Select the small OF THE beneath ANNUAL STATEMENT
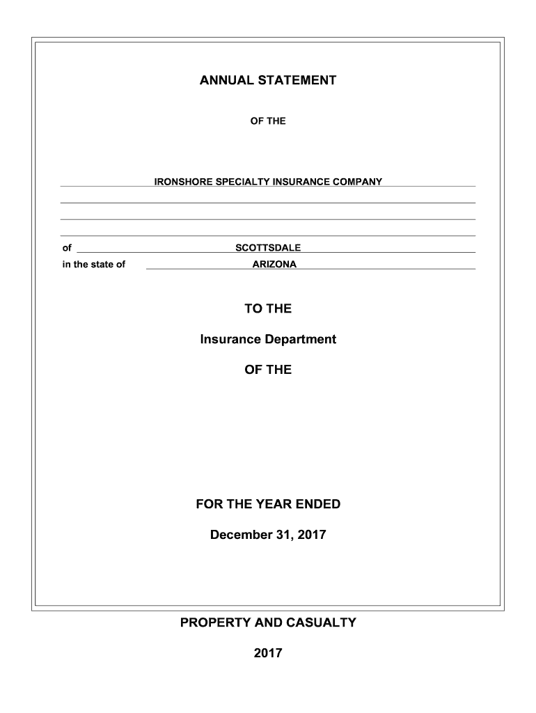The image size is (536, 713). (268, 121)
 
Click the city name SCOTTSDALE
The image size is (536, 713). (268, 248)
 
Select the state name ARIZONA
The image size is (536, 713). (274, 265)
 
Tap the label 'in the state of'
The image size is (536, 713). (94, 265)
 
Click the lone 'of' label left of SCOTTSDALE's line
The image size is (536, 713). (67, 248)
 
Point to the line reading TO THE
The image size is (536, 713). (268, 308)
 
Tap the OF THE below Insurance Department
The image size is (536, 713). (268, 370)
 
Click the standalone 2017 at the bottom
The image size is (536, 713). (268, 654)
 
